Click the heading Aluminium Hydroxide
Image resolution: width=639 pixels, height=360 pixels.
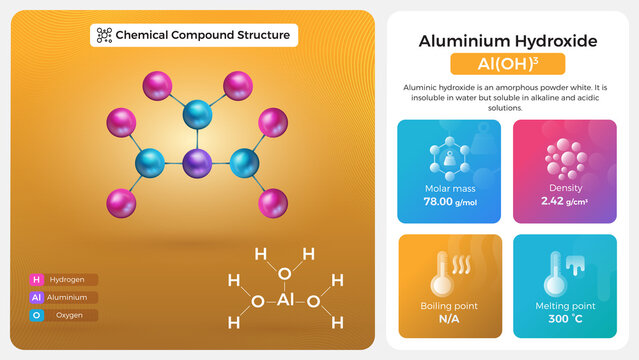(x=507, y=41)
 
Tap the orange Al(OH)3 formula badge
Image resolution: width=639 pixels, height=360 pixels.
(x=507, y=64)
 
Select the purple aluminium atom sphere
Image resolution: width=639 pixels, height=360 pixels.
(x=197, y=162)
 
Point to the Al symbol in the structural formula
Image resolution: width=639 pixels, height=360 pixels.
(x=284, y=300)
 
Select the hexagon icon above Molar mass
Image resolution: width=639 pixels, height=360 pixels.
(x=449, y=158)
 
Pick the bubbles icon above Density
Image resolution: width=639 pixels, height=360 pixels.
(x=564, y=158)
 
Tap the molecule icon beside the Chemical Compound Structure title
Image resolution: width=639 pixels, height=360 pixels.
(x=103, y=35)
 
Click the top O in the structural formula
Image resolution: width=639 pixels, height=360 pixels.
(x=284, y=273)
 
